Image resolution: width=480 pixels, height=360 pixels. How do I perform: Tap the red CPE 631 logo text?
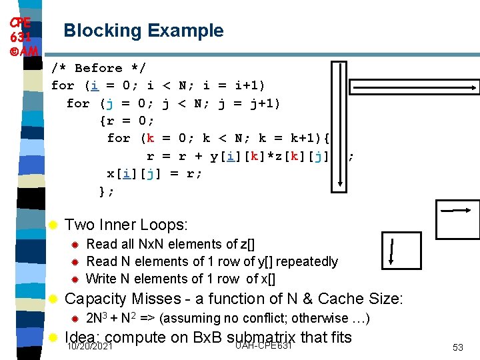click(21, 35)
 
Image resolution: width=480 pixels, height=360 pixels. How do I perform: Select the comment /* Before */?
click(98, 68)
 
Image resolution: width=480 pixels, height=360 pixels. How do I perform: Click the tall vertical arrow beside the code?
click(345, 127)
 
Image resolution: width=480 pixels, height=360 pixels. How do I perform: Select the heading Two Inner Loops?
click(126, 225)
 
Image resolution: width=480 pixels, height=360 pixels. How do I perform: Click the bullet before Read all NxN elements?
click(75, 245)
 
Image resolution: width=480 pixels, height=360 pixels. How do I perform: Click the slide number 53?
click(458, 347)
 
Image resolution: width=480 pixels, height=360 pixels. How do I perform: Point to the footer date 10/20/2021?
click(89, 347)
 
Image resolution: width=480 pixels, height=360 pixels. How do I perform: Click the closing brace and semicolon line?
click(107, 191)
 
